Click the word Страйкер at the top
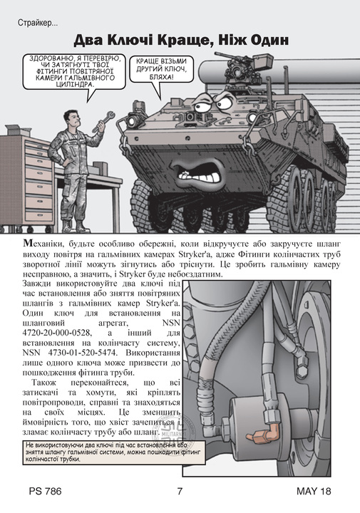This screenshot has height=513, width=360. (x=38, y=24)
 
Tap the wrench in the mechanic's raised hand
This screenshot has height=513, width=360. (x=104, y=121)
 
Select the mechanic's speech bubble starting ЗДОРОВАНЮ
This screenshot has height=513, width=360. (x=75, y=71)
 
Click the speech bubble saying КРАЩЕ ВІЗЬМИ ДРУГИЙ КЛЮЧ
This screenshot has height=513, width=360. (x=161, y=69)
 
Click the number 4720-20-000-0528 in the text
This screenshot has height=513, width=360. (x=56, y=333)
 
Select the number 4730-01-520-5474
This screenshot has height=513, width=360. (x=82, y=353)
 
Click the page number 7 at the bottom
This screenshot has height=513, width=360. (x=180, y=491)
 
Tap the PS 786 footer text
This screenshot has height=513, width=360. (x=45, y=491)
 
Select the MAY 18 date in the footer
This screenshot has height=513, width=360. (x=314, y=491)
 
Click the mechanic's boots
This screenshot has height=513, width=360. (x=75, y=225)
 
